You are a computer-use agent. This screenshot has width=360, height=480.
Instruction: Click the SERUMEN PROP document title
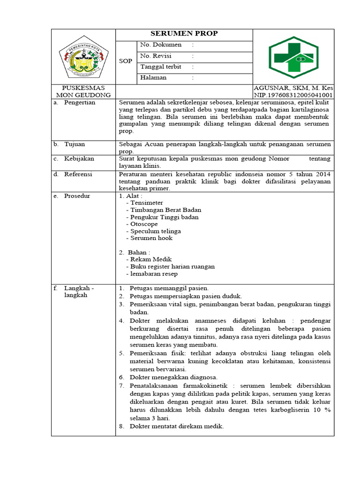[x=184, y=34]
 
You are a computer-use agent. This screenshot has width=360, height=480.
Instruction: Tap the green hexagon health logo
[x=293, y=57]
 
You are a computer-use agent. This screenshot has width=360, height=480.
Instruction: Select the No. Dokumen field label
[x=160, y=45]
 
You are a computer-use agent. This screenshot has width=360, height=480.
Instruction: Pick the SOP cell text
[x=126, y=61]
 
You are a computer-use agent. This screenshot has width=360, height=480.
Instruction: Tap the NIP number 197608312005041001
[x=293, y=95]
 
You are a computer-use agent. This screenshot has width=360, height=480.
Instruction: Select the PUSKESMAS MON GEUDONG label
[x=83, y=91]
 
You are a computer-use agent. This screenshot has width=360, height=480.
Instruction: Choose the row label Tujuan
[x=75, y=144]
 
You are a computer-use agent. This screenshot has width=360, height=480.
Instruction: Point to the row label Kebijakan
[x=79, y=159]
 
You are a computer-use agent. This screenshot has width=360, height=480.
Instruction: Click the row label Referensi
[x=78, y=174]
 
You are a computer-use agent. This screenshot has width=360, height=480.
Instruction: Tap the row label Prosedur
[x=77, y=196]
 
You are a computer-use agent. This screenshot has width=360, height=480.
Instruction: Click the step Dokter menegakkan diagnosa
[x=173, y=377]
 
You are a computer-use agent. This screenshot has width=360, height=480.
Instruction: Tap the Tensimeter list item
[x=147, y=203]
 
